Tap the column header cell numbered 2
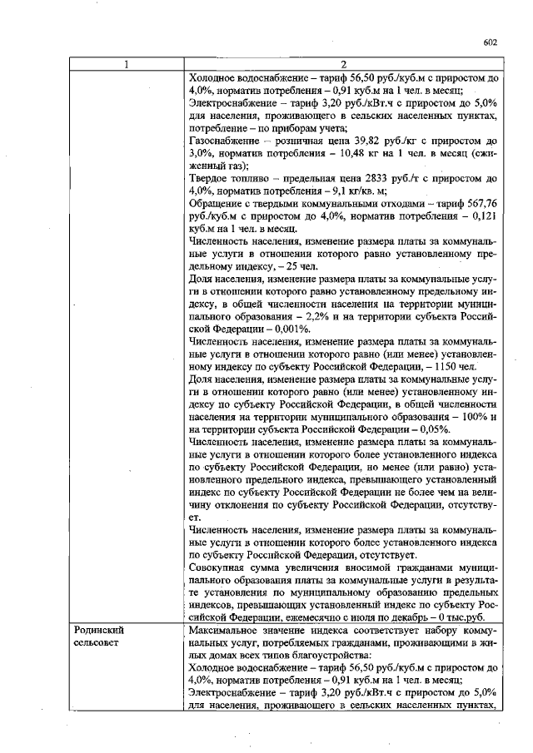(x=342, y=64)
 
